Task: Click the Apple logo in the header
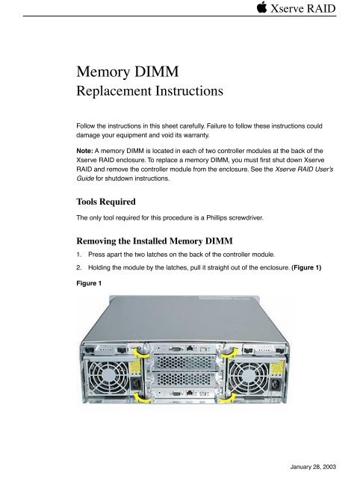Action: [261, 7]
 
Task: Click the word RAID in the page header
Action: [321, 8]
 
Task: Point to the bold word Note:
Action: [84, 151]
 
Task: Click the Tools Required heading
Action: [106, 202]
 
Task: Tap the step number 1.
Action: [78, 255]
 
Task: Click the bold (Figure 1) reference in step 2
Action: [306, 267]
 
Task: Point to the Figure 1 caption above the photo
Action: [89, 283]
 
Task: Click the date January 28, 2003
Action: [313, 467]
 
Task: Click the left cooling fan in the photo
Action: [105, 377]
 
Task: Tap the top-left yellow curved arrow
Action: [141, 353]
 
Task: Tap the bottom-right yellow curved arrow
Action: [229, 397]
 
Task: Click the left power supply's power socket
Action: [136, 382]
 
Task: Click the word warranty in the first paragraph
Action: [196, 135]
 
